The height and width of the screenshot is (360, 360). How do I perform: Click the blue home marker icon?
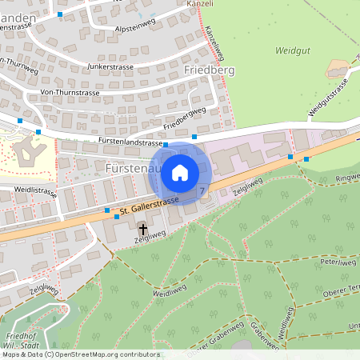180,173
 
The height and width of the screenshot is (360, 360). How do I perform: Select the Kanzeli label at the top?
200,4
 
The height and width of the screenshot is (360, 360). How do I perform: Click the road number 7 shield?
202,191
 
